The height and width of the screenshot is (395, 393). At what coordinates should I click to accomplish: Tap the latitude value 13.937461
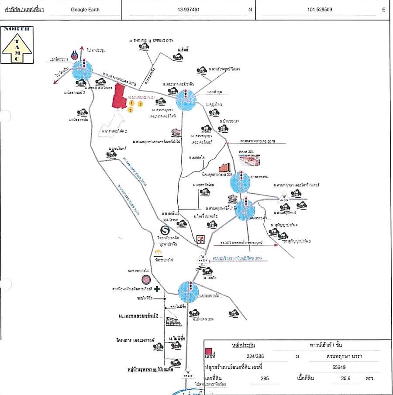tap(189, 9)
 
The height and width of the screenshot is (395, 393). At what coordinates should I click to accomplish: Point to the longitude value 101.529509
tap(319, 9)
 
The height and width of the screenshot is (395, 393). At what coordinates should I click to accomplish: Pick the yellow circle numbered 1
tap(131, 103)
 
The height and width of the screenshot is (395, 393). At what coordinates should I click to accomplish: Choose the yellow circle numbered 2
tap(141, 104)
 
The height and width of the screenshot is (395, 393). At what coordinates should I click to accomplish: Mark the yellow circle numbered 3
tap(130, 111)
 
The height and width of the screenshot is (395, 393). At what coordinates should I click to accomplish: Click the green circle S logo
tap(165, 229)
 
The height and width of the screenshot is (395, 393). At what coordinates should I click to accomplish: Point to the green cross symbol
tap(157, 289)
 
